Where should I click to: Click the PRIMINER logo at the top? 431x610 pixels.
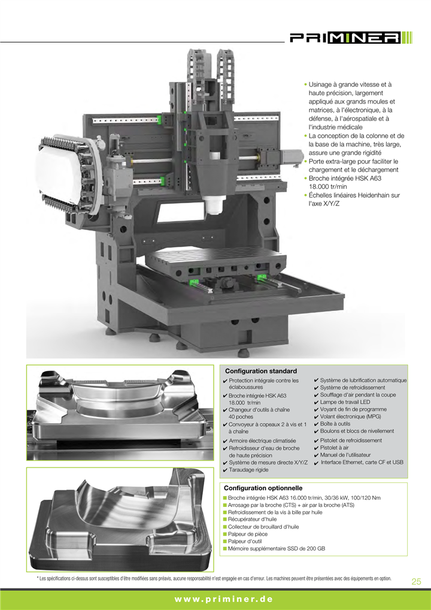(x=351, y=38)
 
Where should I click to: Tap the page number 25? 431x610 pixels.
(x=416, y=581)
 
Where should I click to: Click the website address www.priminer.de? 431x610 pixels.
(x=223, y=599)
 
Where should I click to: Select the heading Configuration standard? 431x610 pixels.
(x=261, y=371)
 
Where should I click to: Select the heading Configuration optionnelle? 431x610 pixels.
(x=263, y=488)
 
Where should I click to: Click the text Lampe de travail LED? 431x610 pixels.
(x=345, y=402)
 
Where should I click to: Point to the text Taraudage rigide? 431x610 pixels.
(x=248, y=470)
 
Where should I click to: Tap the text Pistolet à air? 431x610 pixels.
(x=334, y=448)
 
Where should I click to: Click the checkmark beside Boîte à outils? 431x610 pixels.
(x=316, y=424)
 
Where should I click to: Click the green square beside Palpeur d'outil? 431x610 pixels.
(x=225, y=542)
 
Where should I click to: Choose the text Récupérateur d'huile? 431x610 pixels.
(x=252, y=519)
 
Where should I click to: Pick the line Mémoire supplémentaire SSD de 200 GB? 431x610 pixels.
(x=277, y=548)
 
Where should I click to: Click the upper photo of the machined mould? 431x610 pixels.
(x=120, y=412)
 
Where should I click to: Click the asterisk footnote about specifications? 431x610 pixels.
(x=214, y=578)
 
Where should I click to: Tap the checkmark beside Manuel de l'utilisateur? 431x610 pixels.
(x=316, y=455)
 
